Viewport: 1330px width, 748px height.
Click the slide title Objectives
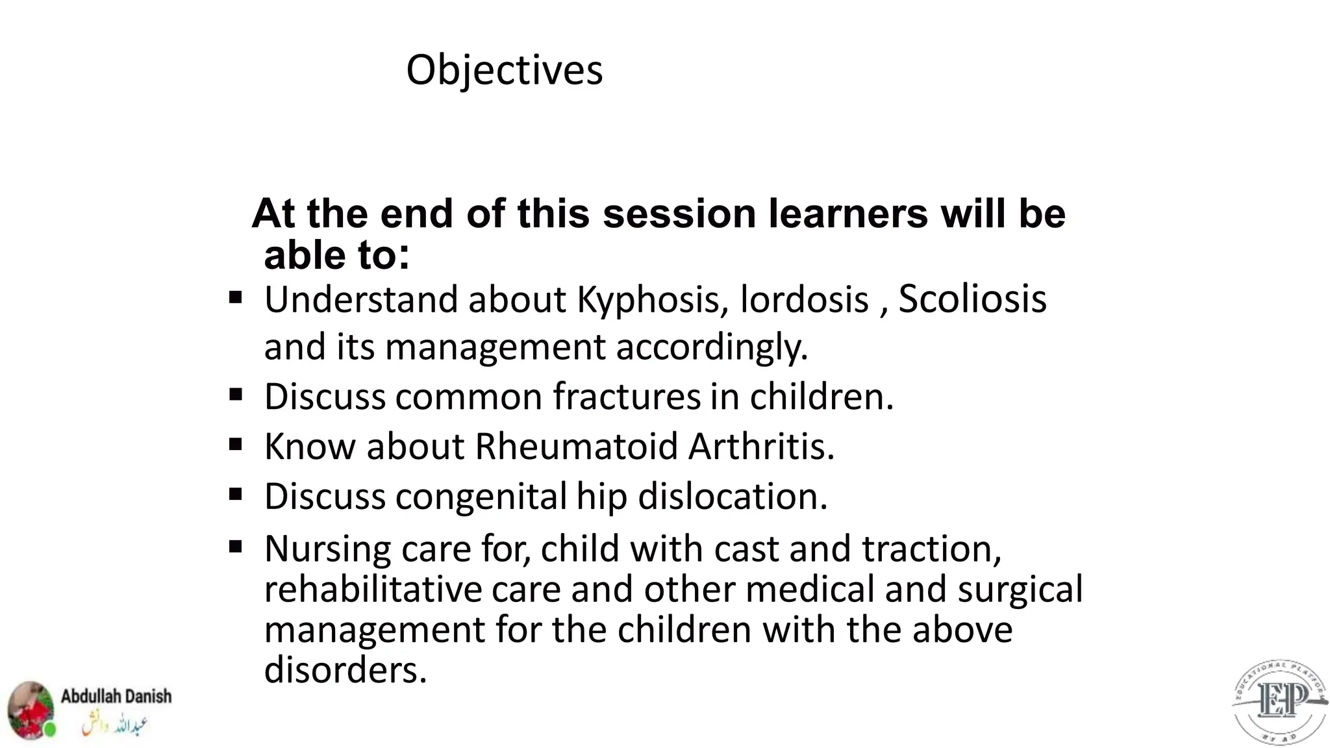pos(504,70)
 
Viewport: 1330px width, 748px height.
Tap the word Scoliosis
pos(972,299)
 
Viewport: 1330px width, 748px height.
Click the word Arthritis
pos(761,447)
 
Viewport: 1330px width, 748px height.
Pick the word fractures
pos(627,397)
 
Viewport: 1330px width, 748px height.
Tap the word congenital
pos(481,497)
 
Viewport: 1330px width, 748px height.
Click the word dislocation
pos(733,497)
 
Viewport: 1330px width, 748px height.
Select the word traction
pos(931,549)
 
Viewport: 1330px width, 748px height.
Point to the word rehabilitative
pos(373,590)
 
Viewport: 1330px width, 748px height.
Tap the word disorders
pos(345,670)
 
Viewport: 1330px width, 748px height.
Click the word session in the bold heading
pos(679,214)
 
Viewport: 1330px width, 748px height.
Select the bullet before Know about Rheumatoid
pos(236,445)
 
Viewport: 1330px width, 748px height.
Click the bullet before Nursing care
pos(236,547)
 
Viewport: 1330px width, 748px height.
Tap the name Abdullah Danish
pos(116,697)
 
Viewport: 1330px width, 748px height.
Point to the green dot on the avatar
pos(49,730)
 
